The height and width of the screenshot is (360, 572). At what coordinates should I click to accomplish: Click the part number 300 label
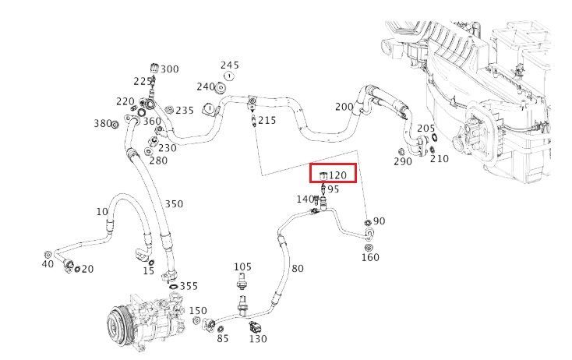[170, 69]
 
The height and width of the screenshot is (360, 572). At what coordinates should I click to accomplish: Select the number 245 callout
[230, 65]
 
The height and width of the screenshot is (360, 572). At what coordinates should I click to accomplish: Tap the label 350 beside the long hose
[174, 203]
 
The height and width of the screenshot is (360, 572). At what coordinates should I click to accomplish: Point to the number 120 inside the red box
[337, 175]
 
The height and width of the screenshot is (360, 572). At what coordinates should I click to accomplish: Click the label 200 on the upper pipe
[344, 107]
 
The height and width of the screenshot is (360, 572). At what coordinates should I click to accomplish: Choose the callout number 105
[242, 267]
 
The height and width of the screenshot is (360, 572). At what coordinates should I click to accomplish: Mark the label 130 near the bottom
[258, 339]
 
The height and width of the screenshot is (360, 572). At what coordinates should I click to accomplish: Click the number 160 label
[370, 257]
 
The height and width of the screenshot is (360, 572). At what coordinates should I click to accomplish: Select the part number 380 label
[103, 124]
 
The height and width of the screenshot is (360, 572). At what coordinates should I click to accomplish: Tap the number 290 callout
[403, 161]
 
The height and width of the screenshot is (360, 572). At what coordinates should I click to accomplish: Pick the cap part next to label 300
[154, 69]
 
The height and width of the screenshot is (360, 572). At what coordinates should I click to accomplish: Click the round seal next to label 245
[229, 76]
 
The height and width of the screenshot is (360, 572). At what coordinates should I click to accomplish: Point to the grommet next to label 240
[220, 88]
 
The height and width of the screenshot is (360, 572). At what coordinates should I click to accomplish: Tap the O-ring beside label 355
[175, 286]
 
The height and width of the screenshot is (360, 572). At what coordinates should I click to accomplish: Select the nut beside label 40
[47, 254]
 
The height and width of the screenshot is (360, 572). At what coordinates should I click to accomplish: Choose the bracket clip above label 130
[253, 326]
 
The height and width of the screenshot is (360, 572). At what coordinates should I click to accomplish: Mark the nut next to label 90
[368, 222]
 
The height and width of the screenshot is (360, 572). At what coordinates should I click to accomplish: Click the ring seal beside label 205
[435, 137]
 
